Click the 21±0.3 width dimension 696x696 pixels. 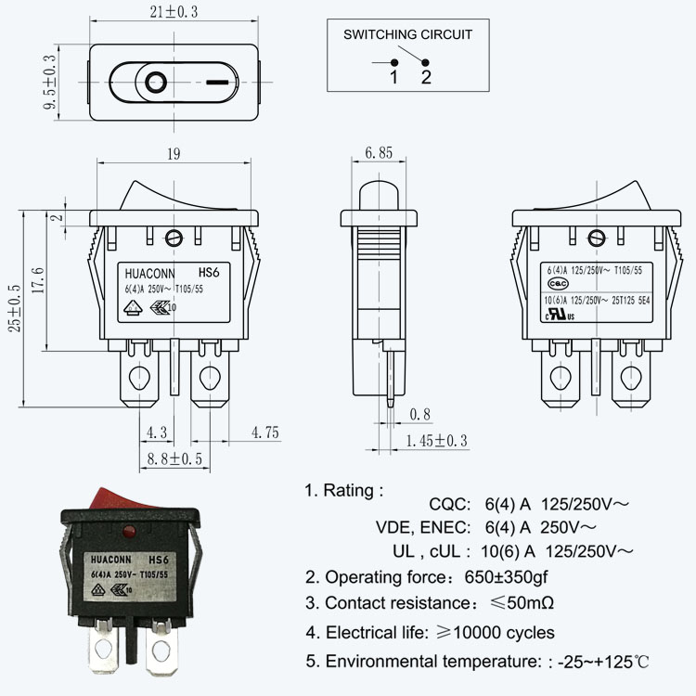click(x=174, y=11)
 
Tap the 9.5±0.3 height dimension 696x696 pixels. click(x=51, y=83)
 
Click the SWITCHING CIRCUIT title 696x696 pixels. click(x=407, y=34)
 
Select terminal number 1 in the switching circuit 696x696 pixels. click(x=393, y=77)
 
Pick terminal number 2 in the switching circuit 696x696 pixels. click(x=426, y=77)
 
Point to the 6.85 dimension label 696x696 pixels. click(x=378, y=152)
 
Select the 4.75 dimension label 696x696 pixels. click(x=265, y=432)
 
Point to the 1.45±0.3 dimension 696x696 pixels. click(x=436, y=441)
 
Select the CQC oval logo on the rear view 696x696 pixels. click(x=558, y=283)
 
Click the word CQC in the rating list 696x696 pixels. click(x=448, y=505)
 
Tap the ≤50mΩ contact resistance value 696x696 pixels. click(x=522, y=603)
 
